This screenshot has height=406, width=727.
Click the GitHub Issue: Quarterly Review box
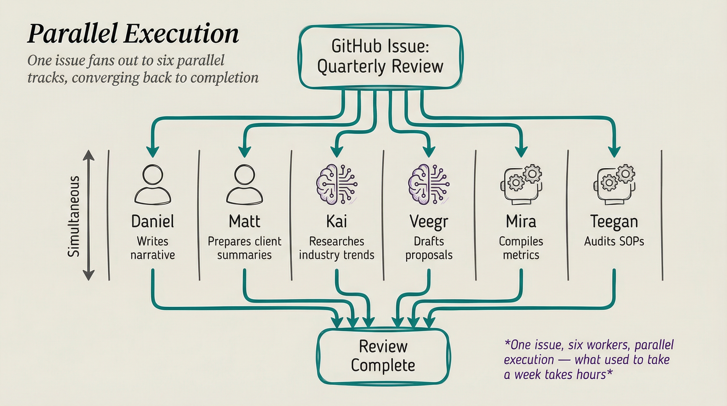[x=380, y=57]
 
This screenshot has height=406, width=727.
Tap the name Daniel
[x=153, y=221]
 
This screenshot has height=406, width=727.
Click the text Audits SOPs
[x=614, y=241]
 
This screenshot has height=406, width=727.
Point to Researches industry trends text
[x=336, y=248]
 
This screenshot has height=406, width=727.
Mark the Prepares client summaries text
[x=244, y=248]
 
